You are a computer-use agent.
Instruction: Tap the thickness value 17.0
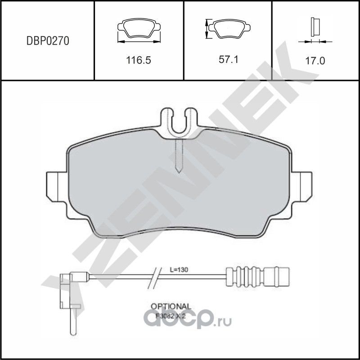[315, 59]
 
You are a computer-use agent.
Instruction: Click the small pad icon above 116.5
[139, 28]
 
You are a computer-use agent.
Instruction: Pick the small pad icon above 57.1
[229, 28]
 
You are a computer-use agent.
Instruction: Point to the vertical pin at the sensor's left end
[71, 322]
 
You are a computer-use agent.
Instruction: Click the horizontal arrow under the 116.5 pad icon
[139, 41]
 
